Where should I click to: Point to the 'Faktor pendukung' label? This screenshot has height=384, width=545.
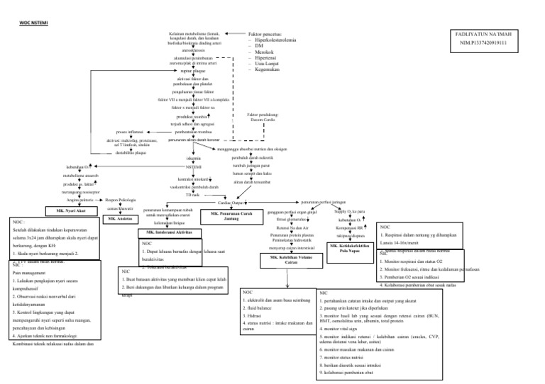pos(263,114)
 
